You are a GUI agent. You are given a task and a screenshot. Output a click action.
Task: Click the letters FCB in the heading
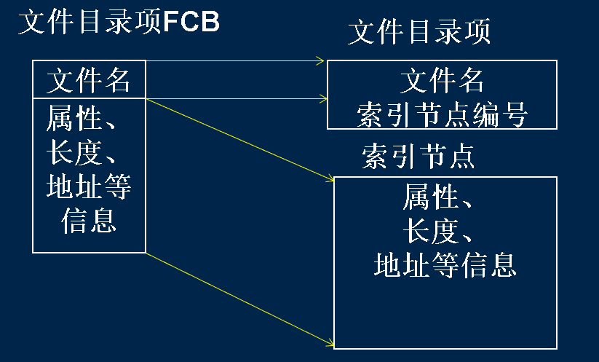point(191,23)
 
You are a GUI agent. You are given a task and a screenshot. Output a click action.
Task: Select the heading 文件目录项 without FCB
point(419,32)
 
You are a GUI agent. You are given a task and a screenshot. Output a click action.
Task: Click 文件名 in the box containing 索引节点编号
point(443,80)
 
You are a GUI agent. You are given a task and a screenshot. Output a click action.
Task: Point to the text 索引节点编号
point(442,114)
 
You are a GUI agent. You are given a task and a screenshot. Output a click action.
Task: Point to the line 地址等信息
point(445,265)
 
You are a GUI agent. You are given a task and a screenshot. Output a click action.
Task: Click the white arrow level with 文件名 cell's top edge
point(233,61)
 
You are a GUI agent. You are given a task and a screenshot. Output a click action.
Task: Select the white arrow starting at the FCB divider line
point(233,97)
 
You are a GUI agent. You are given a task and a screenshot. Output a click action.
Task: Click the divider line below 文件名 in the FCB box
point(89,98)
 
